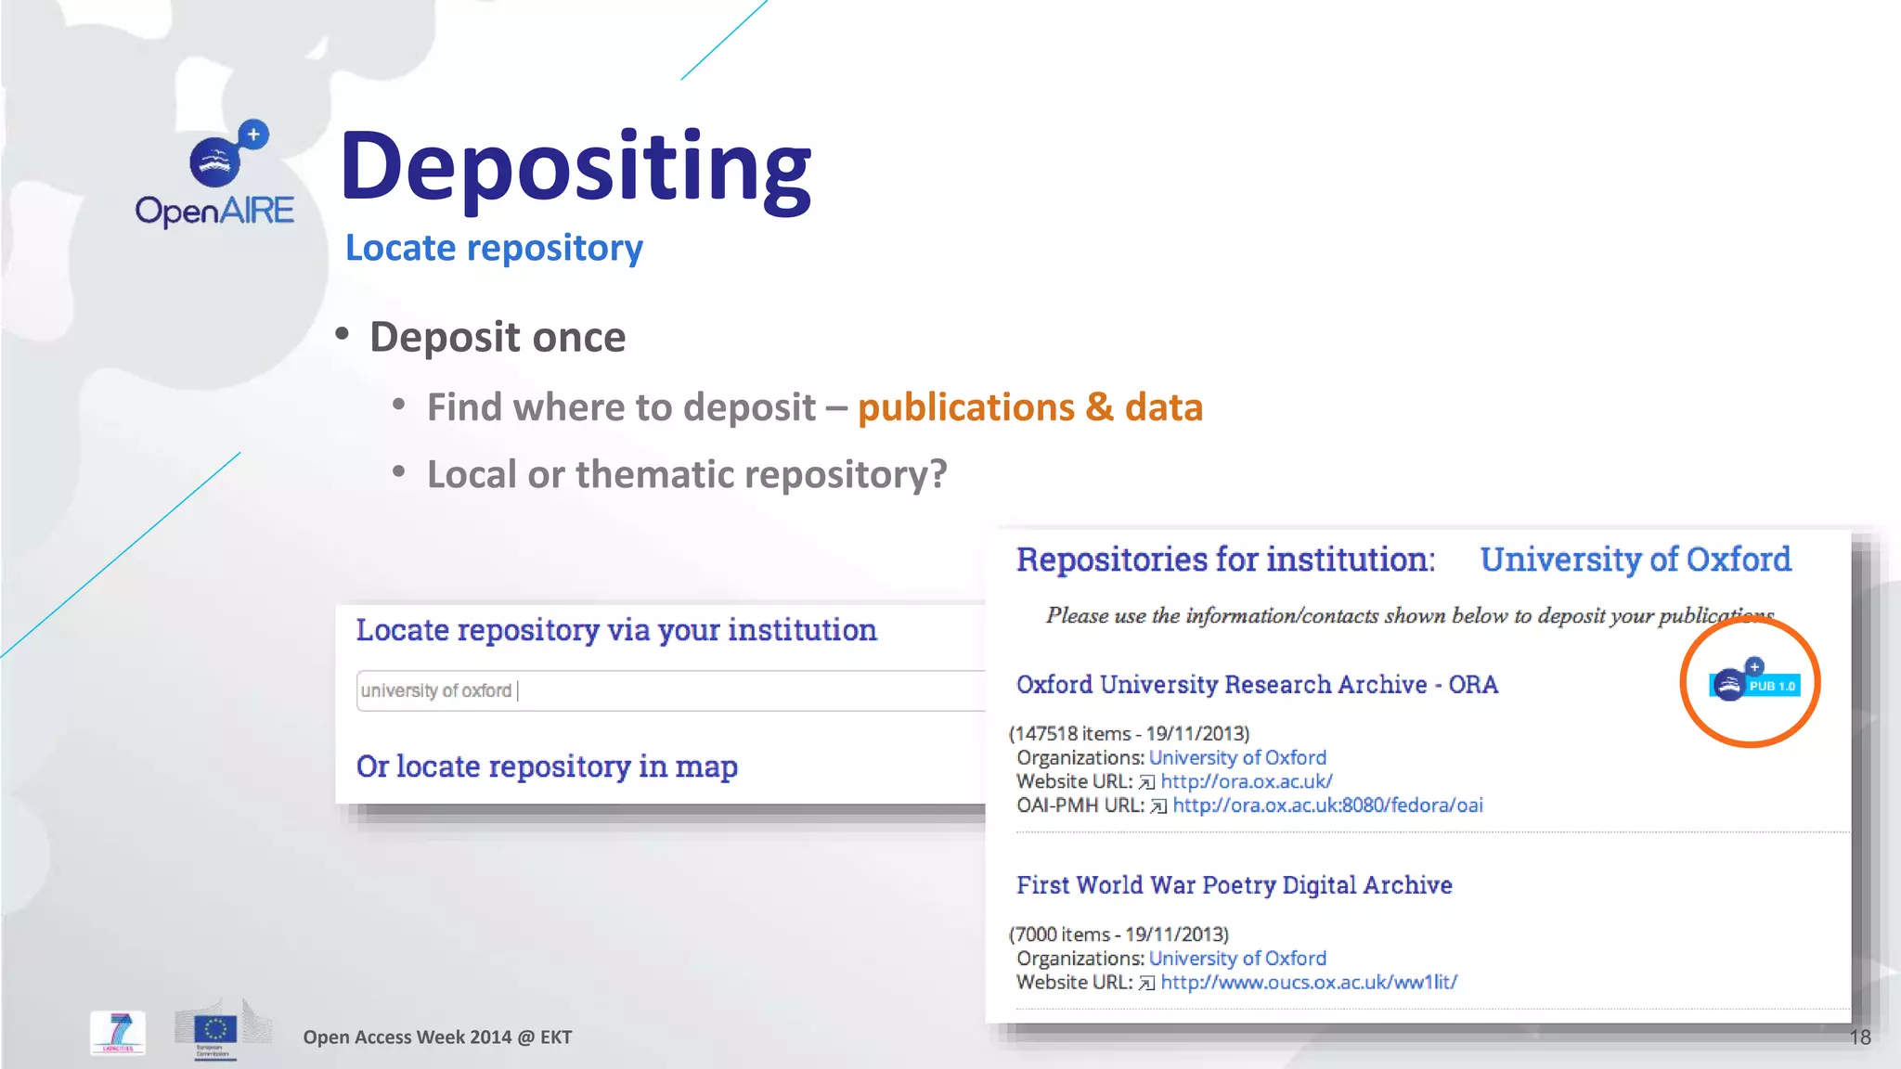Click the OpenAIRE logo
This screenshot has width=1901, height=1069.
215,176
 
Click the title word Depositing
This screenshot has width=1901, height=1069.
575,167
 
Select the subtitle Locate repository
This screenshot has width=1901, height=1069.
494,249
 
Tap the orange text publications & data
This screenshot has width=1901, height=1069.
1030,407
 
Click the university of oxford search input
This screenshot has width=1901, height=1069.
668,691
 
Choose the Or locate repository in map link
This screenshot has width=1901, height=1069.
547,766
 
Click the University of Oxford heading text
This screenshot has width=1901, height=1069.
1636,560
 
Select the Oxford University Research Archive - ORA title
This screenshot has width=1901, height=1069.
1257,685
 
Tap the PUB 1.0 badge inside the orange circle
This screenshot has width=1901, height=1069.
1754,685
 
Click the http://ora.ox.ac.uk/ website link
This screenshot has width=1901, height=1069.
1246,781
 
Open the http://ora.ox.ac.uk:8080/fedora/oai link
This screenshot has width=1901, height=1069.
1327,805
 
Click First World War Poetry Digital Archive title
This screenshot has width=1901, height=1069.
1234,885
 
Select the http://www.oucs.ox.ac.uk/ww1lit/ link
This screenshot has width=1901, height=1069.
1309,983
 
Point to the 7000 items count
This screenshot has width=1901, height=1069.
1059,934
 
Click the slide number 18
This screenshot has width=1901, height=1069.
1860,1037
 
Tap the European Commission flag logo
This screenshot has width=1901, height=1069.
215,1030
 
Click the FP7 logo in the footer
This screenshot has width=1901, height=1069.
118,1032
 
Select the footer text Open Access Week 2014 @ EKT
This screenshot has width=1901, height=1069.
437,1037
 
